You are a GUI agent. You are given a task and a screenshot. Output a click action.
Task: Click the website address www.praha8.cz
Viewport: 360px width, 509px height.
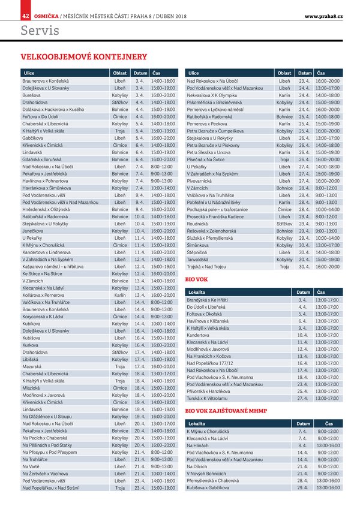pos(323,15)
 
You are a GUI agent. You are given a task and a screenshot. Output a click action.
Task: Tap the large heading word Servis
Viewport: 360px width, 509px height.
pos(40,29)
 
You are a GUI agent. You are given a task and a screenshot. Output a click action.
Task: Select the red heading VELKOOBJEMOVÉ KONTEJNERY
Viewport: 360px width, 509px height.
pos(84,57)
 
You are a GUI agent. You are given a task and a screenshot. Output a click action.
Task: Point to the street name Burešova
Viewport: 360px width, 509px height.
pos(32,95)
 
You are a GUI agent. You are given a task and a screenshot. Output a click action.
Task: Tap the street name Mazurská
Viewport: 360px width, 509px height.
pos(32,366)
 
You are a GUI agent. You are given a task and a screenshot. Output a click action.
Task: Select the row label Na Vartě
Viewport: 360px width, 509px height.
pos(31,466)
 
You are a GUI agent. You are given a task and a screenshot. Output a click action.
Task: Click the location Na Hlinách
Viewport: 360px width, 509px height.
pos(198,446)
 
